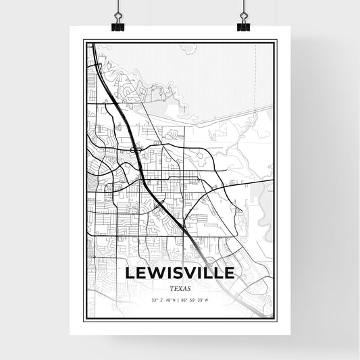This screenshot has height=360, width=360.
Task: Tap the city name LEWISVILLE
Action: click(180, 273)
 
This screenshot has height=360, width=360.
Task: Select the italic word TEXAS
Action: click(180, 288)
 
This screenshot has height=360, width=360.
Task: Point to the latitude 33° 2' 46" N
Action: click(163, 300)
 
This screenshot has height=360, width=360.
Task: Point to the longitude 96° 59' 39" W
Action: click(197, 300)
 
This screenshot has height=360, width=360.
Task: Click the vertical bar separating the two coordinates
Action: click(180, 300)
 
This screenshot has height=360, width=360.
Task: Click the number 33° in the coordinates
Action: click(155, 300)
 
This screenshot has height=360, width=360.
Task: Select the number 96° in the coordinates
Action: click(186, 300)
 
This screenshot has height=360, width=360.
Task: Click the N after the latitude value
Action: click(174, 300)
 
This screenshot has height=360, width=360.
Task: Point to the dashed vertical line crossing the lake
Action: click(255, 74)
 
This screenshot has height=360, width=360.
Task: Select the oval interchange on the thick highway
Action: click(134, 149)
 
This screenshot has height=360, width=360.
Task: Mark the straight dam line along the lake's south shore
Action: click(203, 121)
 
